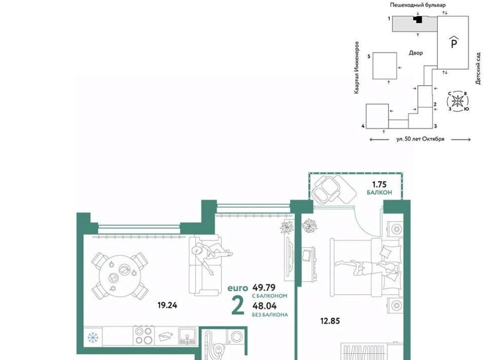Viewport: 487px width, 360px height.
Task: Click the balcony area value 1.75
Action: point(379,185)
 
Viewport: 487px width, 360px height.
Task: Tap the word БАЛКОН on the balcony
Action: point(379,193)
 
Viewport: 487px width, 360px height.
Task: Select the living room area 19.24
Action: point(167,305)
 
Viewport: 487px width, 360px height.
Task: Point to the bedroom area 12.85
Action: point(330,321)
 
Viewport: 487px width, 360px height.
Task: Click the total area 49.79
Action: point(264,287)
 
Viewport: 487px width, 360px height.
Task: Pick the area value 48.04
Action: point(264,306)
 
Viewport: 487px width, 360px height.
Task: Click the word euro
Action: point(238,289)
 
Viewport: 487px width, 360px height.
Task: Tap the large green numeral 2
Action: point(238,306)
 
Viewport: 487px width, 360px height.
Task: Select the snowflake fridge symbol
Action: point(92,337)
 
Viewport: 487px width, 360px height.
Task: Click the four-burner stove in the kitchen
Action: point(144,336)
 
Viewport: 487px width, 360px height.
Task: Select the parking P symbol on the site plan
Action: point(454,42)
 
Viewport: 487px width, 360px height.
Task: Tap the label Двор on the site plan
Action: point(415,53)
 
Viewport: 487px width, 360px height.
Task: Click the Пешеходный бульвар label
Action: point(418,5)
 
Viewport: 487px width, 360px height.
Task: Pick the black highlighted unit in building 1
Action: point(418,20)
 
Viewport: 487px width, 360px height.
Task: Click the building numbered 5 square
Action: point(385,66)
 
